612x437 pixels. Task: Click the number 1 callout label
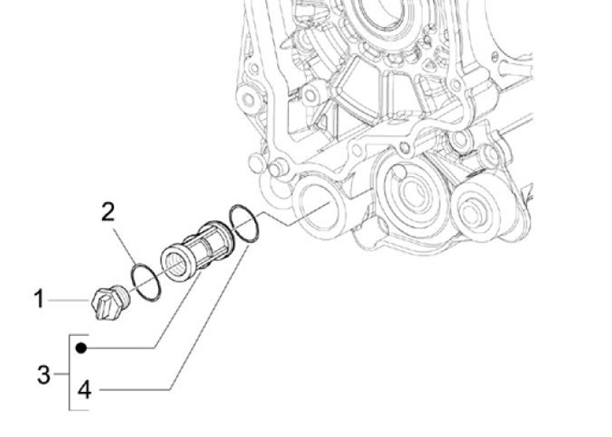(38, 299)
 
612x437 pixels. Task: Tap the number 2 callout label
(108, 213)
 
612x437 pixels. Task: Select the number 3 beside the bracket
(43, 374)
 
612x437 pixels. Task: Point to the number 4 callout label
(84, 390)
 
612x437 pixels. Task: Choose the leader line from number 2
(127, 247)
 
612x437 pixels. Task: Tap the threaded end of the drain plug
(122, 296)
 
